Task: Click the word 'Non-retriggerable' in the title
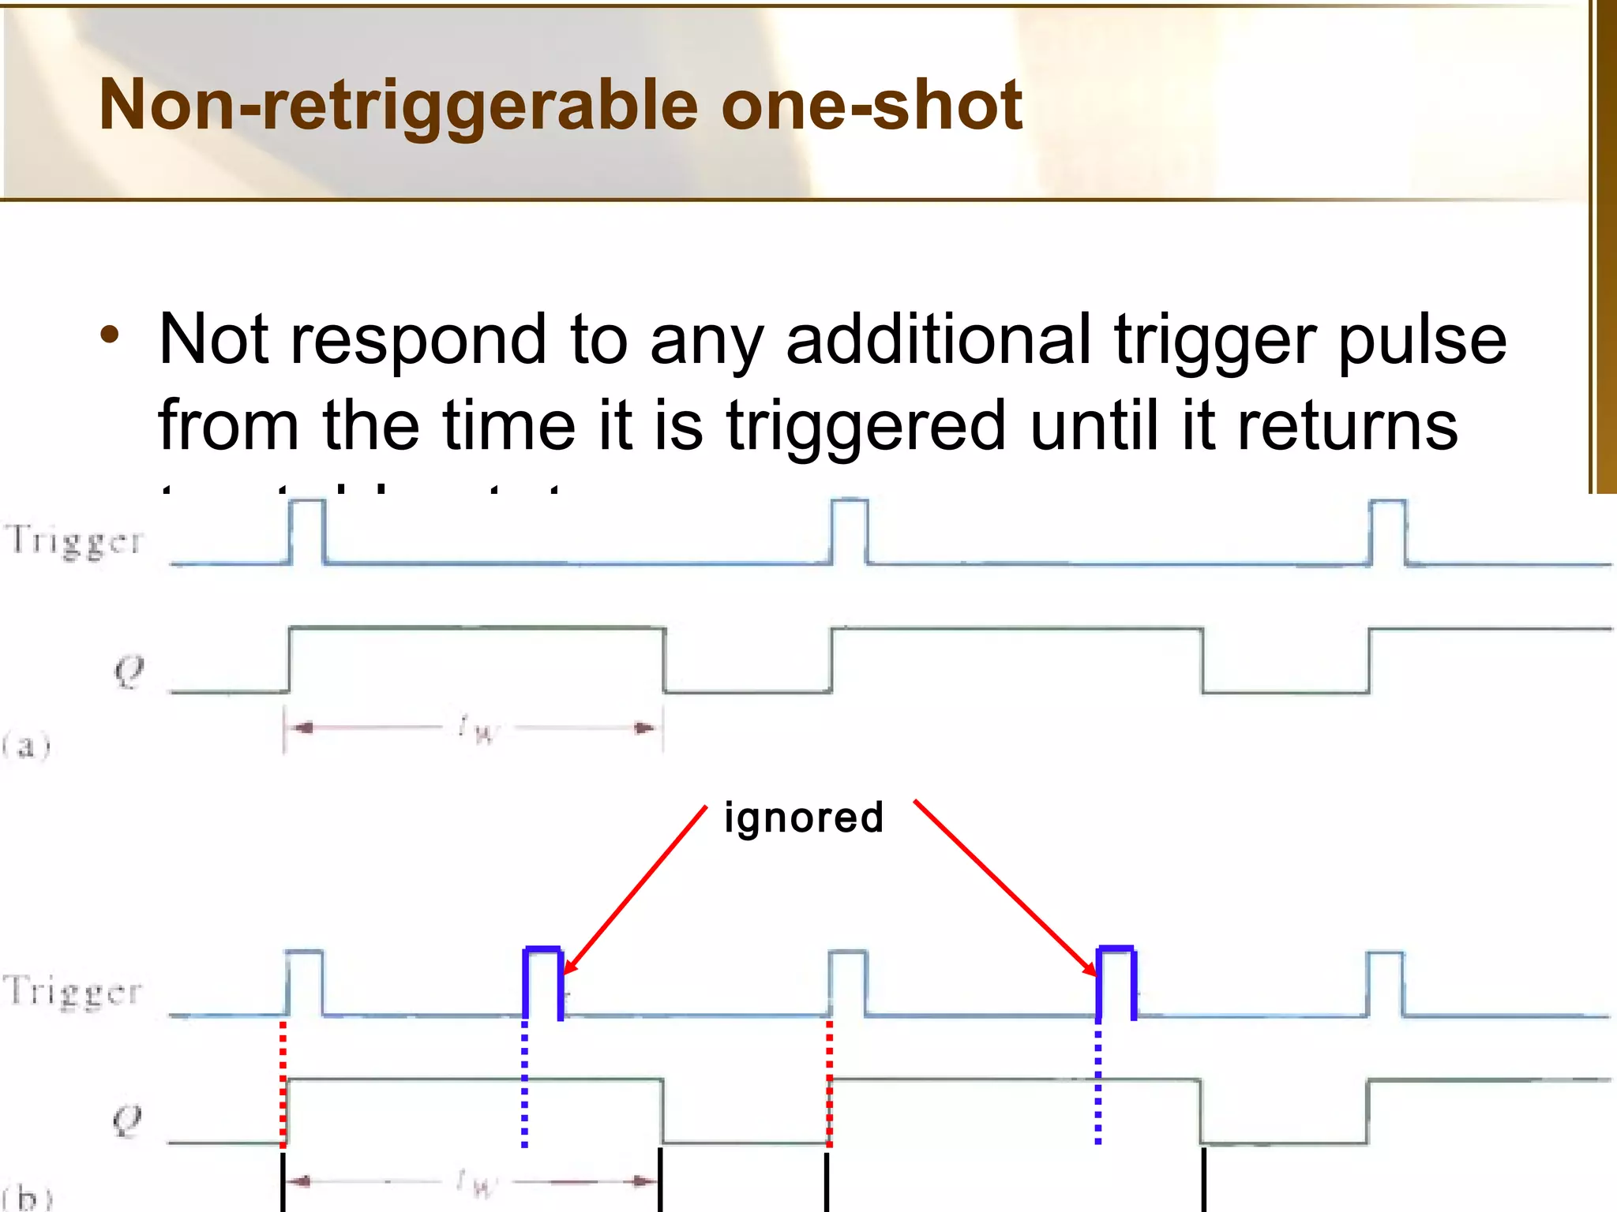pos(399,105)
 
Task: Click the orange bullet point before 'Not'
pos(110,335)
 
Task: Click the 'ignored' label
pos(804,817)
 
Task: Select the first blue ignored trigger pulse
pos(543,982)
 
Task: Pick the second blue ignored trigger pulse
pos(1116,982)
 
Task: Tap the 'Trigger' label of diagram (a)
pos(75,541)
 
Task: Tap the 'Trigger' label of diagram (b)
pos(73,991)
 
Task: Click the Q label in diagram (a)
pos(129,671)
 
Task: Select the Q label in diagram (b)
pos(127,1120)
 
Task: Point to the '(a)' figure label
pos(26,745)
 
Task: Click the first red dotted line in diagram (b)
pos(283,1081)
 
